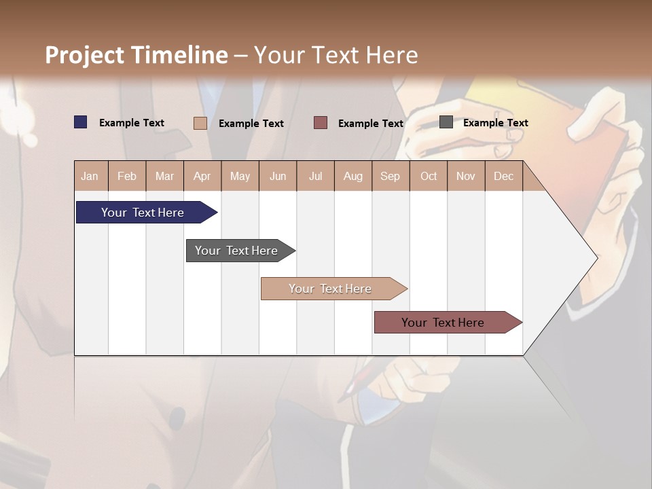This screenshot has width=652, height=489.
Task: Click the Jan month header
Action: click(90, 176)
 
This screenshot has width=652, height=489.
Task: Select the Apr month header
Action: click(202, 176)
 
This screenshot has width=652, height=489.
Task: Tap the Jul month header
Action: click(315, 176)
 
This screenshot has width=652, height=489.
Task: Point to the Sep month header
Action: click(390, 176)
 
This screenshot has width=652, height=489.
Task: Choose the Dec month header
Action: click(503, 176)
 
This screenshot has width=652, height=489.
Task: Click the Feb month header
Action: click(127, 176)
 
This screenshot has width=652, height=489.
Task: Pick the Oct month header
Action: click(429, 176)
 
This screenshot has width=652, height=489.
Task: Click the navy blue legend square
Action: click(81, 122)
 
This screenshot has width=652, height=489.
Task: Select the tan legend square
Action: click(200, 123)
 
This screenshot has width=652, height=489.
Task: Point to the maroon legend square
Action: click(321, 123)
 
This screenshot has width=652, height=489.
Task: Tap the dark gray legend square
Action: click(446, 122)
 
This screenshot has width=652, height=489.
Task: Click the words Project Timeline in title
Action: click(136, 55)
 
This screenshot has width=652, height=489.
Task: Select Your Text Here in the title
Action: click(336, 55)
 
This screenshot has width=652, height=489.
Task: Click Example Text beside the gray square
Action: click(495, 123)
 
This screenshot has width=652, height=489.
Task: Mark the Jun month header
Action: click(278, 176)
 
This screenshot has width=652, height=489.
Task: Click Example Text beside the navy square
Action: click(132, 123)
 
